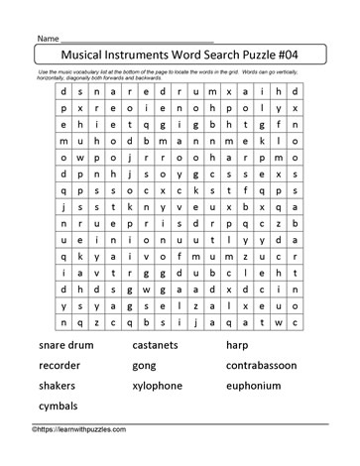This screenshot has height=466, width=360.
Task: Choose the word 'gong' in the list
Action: [x=149, y=366]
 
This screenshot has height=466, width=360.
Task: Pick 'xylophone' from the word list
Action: [x=166, y=386]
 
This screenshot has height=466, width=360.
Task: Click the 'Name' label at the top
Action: [x=50, y=37]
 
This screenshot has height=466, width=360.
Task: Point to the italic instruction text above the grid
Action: [x=179, y=77]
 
